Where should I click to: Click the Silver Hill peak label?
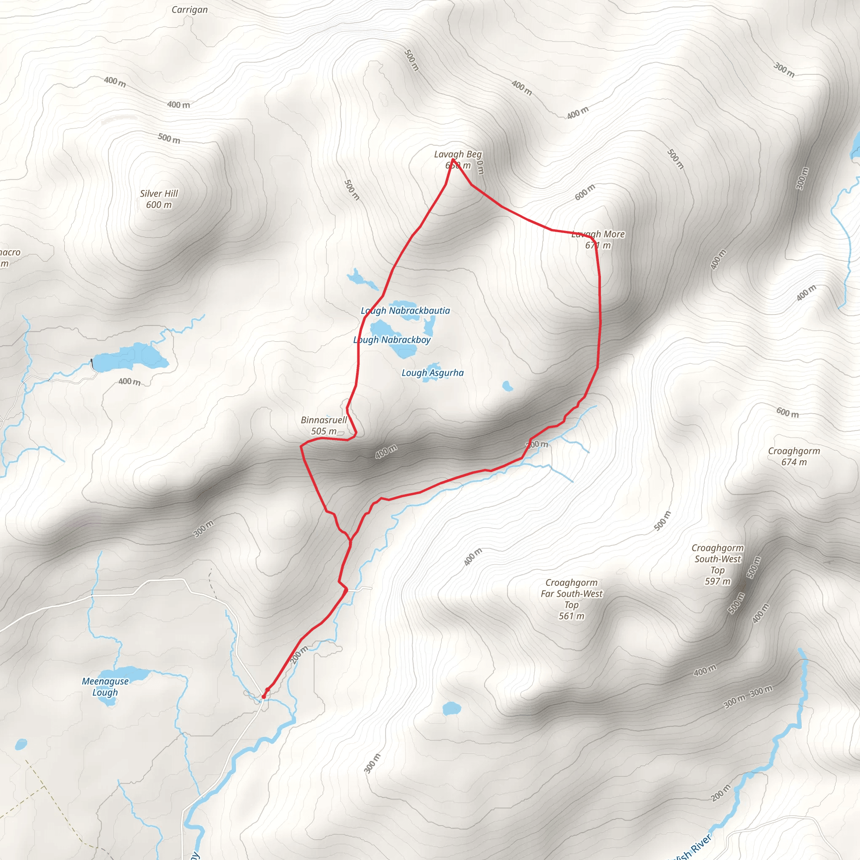[x=159, y=194]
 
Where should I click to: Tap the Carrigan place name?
[x=190, y=10]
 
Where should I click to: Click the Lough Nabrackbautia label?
[x=406, y=311]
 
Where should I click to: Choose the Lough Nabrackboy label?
[x=392, y=340]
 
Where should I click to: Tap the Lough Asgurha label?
[x=433, y=373]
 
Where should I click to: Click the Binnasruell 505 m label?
[x=324, y=425]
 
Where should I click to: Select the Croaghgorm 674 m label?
[x=794, y=456]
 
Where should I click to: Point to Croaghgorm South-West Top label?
[x=718, y=564]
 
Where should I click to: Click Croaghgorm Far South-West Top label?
[x=572, y=599]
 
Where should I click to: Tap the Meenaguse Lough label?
[x=105, y=687]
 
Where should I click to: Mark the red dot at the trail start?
[x=264, y=696]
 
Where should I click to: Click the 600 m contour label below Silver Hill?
[x=159, y=205]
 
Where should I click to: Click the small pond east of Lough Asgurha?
[x=507, y=385]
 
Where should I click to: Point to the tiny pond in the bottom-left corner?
[x=21, y=744]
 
